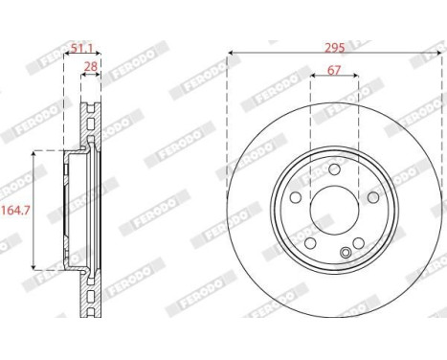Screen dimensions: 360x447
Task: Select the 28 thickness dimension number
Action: (90, 66)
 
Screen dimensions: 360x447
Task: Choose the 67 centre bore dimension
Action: (334, 71)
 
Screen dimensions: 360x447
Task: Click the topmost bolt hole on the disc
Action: (334, 169)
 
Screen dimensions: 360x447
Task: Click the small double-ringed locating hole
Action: (345, 254)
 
